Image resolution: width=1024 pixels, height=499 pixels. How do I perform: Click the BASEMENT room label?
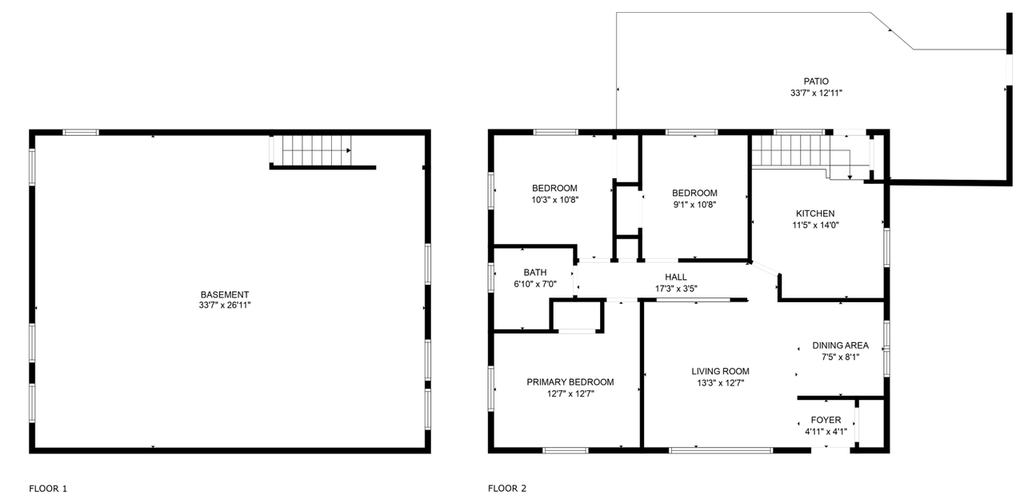tap(225, 295)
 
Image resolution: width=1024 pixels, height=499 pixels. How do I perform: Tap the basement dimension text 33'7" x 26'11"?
tap(225, 305)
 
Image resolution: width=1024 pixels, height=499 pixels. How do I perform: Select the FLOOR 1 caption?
tap(48, 489)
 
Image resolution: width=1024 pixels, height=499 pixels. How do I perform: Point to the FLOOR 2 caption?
tap(507, 489)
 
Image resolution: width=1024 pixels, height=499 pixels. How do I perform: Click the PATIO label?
tap(816, 82)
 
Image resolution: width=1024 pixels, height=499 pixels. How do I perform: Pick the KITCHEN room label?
tap(815, 214)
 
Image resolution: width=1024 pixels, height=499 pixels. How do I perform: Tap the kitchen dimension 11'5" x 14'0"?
tap(815, 225)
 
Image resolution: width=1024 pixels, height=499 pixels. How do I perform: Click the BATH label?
tap(535, 273)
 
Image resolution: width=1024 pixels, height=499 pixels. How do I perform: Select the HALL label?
tap(676, 277)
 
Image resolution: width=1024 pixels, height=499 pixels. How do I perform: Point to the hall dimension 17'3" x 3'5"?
tap(676, 289)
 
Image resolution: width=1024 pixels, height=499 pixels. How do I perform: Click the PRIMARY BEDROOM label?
tap(570, 382)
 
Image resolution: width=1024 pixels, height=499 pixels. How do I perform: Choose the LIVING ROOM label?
tap(720, 372)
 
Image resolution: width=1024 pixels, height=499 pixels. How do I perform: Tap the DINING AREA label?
tap(840, 345)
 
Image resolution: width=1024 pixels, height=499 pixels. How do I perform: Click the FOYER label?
tap(826, 420)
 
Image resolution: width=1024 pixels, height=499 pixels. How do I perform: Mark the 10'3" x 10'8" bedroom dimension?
tap(554, 200)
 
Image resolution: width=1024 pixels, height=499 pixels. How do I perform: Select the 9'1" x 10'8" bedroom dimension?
tap(694, 205)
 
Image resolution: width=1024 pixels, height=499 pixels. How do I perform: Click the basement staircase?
tap(316, 150)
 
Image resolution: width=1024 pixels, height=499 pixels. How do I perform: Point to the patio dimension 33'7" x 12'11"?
tap(816, 93)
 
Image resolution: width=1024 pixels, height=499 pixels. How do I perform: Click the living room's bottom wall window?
tap(721, 450)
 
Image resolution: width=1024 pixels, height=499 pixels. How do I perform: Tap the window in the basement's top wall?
tap(81, 133)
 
